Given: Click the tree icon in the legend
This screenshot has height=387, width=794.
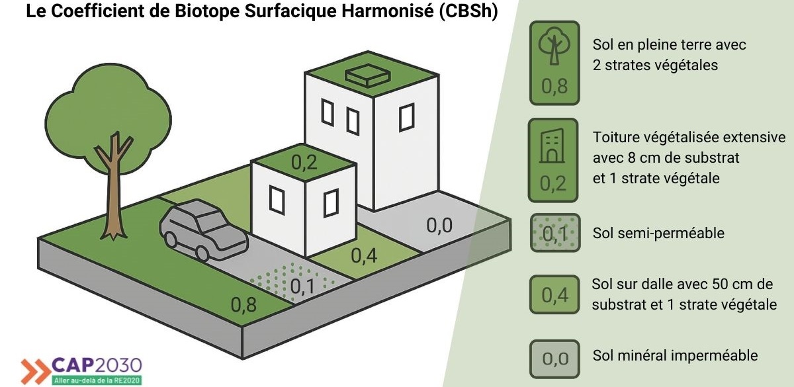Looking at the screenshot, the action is [554, 46].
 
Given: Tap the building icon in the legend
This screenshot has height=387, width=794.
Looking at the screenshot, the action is [552, 146].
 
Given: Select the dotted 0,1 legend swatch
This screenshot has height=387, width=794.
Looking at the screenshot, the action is [555, 233].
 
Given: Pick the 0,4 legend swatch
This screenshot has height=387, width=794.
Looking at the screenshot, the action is [554, 294].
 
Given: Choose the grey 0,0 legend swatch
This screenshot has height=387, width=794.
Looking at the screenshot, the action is [554, 359].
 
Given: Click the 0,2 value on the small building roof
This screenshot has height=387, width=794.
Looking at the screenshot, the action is [304, 162].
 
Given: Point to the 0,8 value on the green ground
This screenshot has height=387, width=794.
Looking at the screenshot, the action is [243, 304].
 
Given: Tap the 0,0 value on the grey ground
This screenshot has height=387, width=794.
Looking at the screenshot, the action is [439, 226].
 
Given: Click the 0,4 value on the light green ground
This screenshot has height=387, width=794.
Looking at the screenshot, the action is [364, 255].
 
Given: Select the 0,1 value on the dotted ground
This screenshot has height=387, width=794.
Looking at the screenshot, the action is [302, 286].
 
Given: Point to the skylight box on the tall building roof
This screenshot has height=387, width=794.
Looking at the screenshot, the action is [368, 75].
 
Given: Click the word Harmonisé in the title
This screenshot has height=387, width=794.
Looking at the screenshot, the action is [388, 11].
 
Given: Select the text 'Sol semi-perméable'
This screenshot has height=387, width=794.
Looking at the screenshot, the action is [658, 233].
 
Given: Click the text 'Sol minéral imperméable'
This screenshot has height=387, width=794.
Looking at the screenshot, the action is [675, 355].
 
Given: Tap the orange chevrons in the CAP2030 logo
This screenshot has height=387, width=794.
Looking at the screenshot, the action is [36, 371].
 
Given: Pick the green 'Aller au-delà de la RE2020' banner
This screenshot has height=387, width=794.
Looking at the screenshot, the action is [97, 380].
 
